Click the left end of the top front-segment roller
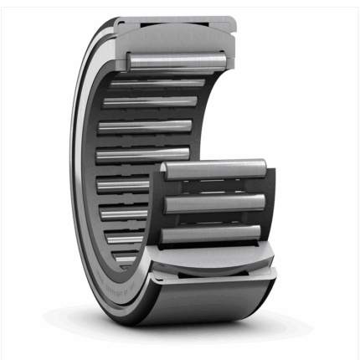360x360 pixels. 167,172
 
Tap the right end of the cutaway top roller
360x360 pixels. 224,60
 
